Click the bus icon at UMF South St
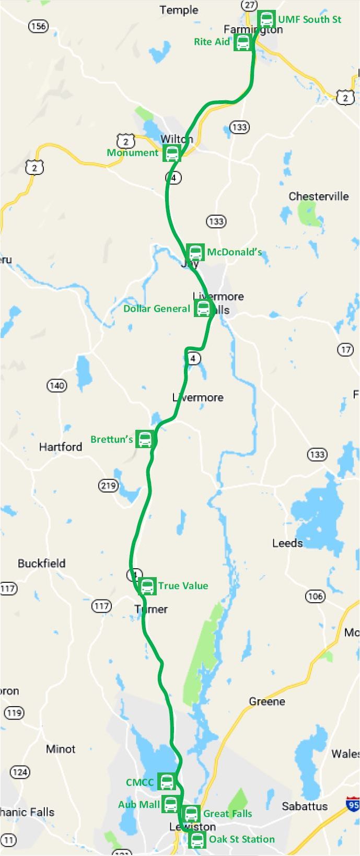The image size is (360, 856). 266,19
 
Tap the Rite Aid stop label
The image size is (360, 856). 212,42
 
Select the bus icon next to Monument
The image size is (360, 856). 171,153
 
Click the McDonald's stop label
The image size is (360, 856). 234,252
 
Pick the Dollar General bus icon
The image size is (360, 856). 203,308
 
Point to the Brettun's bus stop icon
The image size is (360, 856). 145,439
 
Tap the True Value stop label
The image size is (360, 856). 183,586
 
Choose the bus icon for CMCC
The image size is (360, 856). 167,782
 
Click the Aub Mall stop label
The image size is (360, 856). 139,804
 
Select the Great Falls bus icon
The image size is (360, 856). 191,814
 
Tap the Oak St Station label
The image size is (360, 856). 241,839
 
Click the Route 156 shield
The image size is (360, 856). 38,26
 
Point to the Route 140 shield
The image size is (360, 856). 56,386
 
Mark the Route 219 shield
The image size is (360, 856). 108,486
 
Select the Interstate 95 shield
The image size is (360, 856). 353,805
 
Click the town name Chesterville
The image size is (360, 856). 318,196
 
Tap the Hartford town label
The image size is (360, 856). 61,447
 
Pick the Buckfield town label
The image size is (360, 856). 42,564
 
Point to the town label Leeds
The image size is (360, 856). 287,543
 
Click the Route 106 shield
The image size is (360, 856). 315,596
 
